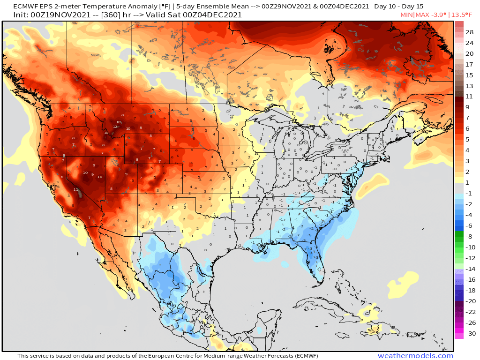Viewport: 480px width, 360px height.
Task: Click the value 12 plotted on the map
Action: pyautogui.click(x=115, y=127)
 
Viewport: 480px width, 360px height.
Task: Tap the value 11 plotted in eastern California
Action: pyautogui.click(x=75, y=189)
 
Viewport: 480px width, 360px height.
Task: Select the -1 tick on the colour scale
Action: pyautogui.click(x=469, y=193)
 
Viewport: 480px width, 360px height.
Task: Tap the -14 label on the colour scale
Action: pyautogui.click(x=469, y=269)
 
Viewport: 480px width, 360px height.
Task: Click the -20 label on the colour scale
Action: pyautogui.click(x=469, y=301)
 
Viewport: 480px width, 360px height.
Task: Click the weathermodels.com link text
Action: pyautogui.click(x=415, y=356)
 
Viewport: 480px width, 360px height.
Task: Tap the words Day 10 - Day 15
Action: pyautogui.click(x=399, y=7)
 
